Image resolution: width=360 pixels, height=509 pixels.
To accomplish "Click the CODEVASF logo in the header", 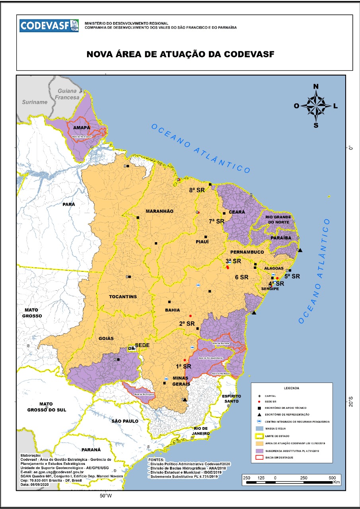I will click(x=49, y=26).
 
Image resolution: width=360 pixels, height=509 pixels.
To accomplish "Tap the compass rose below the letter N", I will click(x=316, y=106).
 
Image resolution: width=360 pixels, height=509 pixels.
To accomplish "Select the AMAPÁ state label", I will click(x=80, y=128).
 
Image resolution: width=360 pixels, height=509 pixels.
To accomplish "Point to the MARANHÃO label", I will click(x=159, y=211).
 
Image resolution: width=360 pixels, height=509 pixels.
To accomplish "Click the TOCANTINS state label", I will click(x=123, y=297).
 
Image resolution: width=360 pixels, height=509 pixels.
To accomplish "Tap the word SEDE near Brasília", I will click(x=142, y=345).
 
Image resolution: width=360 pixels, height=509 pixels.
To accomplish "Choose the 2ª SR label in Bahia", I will click(x=187, y=323).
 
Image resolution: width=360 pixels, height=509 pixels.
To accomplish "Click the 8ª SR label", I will click(x=197, y=190).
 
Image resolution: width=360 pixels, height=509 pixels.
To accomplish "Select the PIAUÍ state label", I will click(x=202, y=241).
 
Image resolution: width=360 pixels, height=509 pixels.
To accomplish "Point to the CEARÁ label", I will click(x=237, y=212).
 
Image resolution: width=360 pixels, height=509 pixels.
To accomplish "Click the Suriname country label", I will click(x=35, y=102).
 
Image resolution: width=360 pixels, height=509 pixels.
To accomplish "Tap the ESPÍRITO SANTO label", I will click(x=232, y=399).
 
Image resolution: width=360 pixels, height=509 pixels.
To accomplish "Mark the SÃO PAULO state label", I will click(x=125, y=421).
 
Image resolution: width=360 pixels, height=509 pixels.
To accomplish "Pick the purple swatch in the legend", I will click(x=259, y=451).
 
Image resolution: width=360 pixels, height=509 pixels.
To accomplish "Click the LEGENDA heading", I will click(x=292, y=388).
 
